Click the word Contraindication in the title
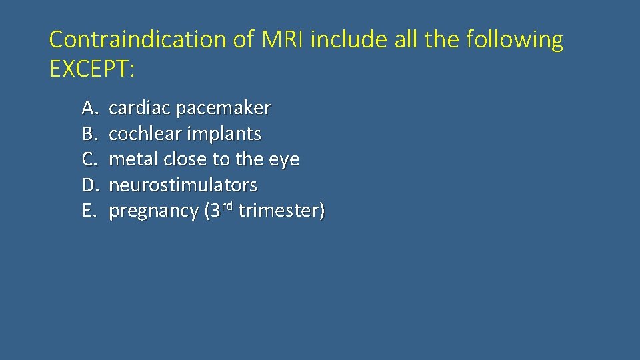(138, 40)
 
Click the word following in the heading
(515, 40)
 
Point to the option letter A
(89, 108)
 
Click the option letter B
(89, 134)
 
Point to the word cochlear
(145, 134)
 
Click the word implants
(224, 134)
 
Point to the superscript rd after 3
(227, 206)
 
